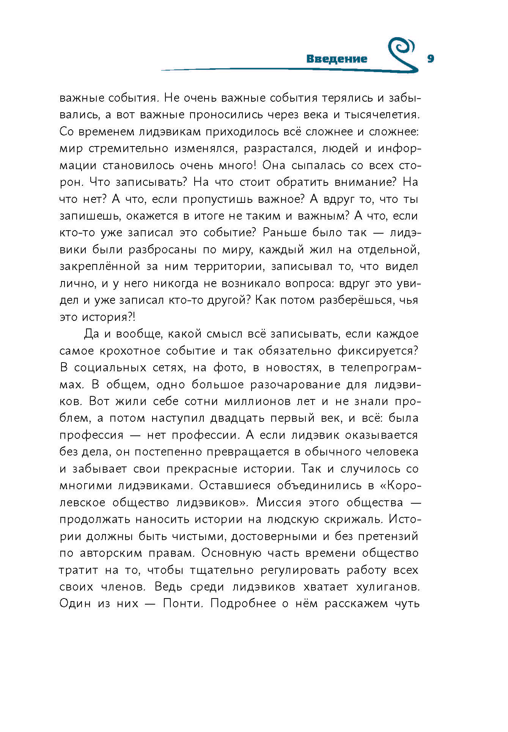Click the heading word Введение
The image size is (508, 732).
(x=337, y=59)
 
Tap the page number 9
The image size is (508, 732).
(x=430, y=59)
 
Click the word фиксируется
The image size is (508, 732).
(x=377, y=351)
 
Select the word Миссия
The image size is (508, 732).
(x=279, y=503)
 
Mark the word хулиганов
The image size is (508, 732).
(x=387, y=587)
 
